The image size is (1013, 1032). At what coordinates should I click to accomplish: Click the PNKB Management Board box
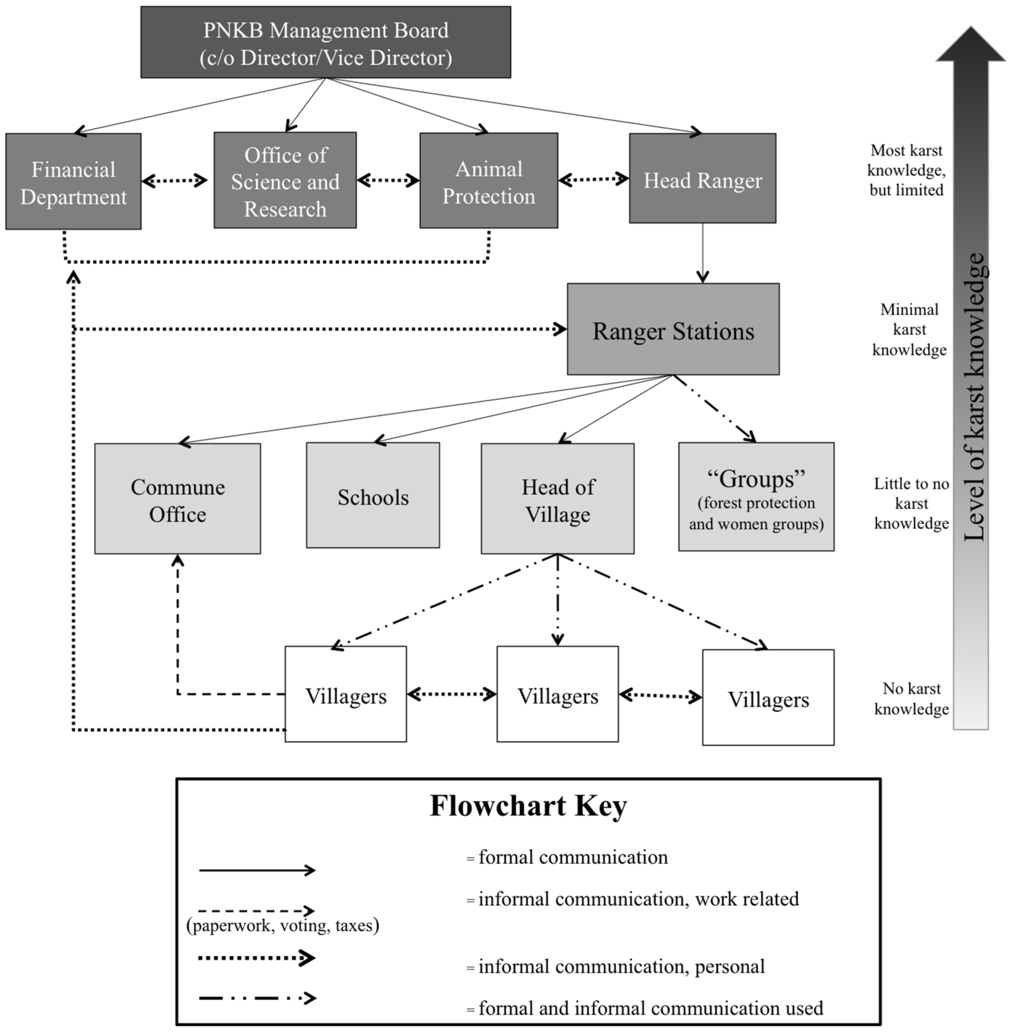[x=326, y=43]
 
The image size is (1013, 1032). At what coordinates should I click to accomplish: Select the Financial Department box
[x=74, y=182]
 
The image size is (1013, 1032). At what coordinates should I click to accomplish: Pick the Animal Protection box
[x=488, y=181]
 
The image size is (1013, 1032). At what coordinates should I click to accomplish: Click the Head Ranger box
[x=702, y=179]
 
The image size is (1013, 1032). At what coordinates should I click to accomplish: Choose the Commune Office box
[x=178, y=499]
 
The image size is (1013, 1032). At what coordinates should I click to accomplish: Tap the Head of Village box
[x=557, y=499]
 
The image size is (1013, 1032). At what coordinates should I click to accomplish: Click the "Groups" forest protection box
[x=756, y=496]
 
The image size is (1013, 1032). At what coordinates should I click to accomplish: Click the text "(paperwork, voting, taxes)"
[x=282, y=925]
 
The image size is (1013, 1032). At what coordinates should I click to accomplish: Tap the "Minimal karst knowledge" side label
[x=909, y=329]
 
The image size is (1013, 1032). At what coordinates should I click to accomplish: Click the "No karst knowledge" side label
[x=911, y=698]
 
